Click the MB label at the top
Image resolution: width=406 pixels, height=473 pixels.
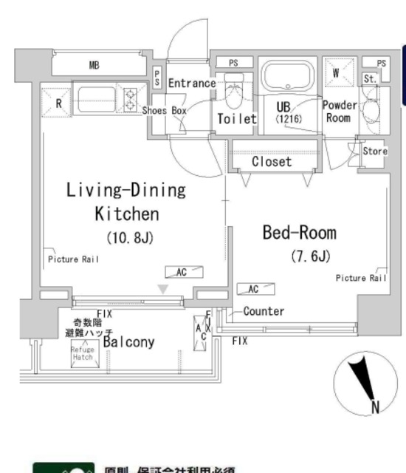pyautogui.click(x=94, y=65)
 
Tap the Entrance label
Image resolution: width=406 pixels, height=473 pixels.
pyautogui.click(x=191, y=84)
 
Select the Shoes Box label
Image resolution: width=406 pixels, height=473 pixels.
pyautogui.click(x=165, y=110)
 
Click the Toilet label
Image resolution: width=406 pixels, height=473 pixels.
pyautogui.click(x=236, y=118)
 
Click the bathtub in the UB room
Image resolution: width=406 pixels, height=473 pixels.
pyautogui.click(x=287, y=77)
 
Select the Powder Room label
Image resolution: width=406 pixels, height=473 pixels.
pyautogui.click(x=339, y=112)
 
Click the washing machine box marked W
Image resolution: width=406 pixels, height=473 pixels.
pyautogui.click(x=337, y=72)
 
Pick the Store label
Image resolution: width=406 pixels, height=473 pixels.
pyautogui.click(x=375, y=152)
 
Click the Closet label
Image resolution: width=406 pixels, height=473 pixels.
pyautogui.click(x=272, y=161)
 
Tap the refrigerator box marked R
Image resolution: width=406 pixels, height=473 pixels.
pyautogui.click(x=58, y=103)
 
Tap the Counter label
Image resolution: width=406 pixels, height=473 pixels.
pyautogui.click(x=263, y=312)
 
